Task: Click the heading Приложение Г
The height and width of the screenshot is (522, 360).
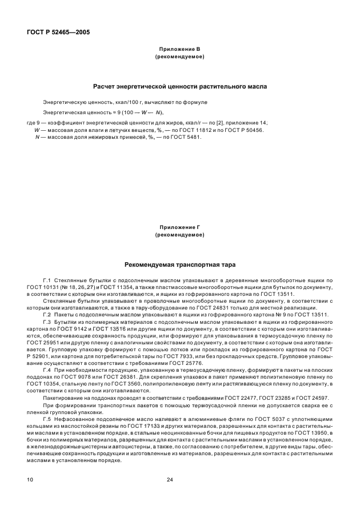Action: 180,228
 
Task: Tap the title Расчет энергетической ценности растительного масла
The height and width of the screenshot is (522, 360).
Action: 180,86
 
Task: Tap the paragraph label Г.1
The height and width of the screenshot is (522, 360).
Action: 47,280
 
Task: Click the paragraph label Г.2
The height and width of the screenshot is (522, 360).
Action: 47,315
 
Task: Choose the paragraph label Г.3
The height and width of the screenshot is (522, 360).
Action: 47,322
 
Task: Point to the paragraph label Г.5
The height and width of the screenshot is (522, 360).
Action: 47,419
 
